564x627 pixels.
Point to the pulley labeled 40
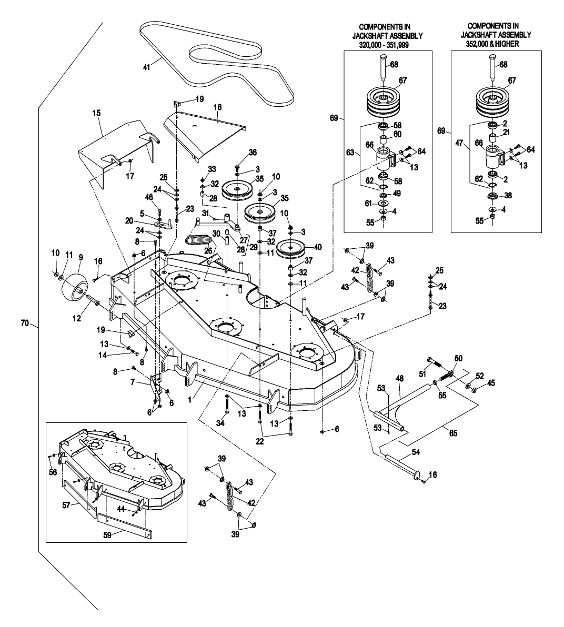[290, 250]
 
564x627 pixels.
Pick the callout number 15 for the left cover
[96, 113]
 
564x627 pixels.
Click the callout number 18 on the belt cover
[218, 107]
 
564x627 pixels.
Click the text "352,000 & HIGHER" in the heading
[491, 45]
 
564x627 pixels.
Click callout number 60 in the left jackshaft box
[398, 135]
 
